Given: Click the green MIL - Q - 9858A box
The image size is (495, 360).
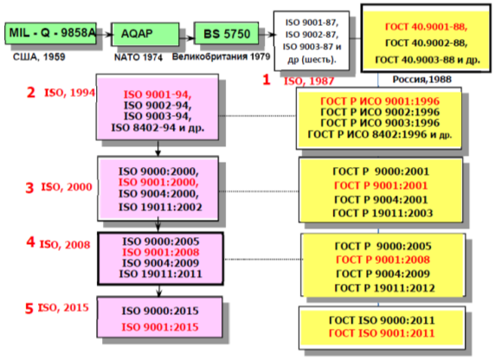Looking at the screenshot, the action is pyautogui.click(x=50, y=33).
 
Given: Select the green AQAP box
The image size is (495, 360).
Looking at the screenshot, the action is pyautogui.click(x=145, y=34).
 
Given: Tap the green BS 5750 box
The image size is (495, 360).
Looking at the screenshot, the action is pyautogui.click(x=226, y=33).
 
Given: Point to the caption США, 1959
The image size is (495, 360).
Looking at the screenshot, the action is pyautogui.click(x=39, y=57).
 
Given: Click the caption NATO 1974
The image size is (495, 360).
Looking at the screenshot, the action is pyautogui.click(x=138, y=57).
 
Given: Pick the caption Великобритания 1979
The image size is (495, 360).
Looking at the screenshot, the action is pyautogui.click(x=221, y=56).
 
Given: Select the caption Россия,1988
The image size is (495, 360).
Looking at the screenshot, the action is pyautogui.click(x=422, y=80).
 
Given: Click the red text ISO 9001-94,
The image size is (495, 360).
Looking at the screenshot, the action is pyautogui.click(x=157, y=94).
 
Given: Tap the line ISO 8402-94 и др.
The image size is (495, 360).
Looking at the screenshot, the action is pyautogui.click(x=157, y=127).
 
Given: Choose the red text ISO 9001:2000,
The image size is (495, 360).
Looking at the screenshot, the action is pyautogui.click(x=158, y=183).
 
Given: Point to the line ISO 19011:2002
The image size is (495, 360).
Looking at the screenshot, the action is pyautogui.click(x=160, y=207).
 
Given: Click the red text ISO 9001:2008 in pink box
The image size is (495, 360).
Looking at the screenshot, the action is pyautogui.click(x=161, y=252).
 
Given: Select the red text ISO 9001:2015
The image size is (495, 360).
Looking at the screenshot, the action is pyautogui.click(x=160, y=327).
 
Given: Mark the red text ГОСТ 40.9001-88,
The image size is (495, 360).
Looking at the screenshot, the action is pyautogui.click(x=426, y=27).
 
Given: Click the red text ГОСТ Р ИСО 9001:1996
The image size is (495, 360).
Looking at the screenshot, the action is pyautogui.click(x=380, y=101).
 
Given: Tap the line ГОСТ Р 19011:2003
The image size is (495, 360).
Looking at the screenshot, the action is pyautogui.click(x=382, y=213).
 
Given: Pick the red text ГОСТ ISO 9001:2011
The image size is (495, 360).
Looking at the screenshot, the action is pyautogui.click(x=382, y=333).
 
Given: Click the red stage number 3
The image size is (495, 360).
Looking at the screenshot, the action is pyautogui.click(x=29, y=188).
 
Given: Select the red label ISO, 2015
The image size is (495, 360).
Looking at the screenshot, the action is pyautogui.click(x=63, y=307).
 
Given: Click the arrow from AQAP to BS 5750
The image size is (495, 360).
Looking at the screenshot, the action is pyautogui.click(x=187, y=38).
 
